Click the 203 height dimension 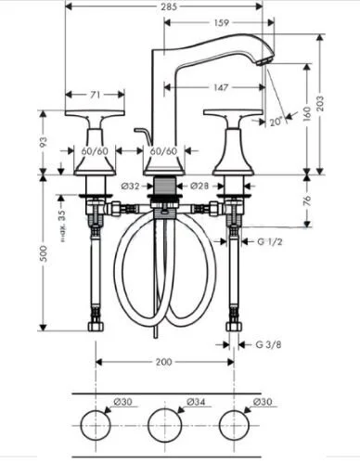pos(346,104)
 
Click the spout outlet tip pos(267,58)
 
